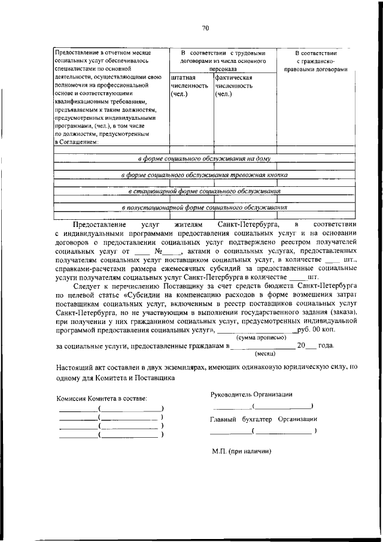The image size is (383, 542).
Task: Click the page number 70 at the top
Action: pos(205,28)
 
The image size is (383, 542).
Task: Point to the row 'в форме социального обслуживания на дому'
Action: pos(205,159)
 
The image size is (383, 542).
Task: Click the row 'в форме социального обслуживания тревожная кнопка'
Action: pos(205,175)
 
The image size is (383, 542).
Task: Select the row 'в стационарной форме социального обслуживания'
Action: pos(205,191)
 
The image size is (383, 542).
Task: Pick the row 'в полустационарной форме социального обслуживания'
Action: pos(205,207)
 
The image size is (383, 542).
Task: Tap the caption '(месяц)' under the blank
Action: pos(260,353)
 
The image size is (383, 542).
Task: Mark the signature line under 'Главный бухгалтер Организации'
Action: pos(263,431)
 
